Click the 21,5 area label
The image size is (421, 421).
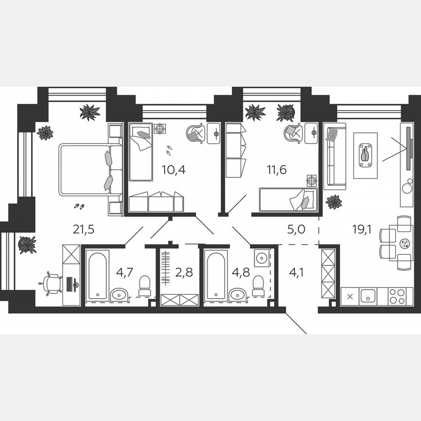83,229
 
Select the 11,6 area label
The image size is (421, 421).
277,170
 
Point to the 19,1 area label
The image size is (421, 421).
362,229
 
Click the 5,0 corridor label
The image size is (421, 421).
296,229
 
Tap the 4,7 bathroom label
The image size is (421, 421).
124,271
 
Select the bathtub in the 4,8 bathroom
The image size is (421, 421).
215,275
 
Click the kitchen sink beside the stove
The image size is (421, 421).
367,296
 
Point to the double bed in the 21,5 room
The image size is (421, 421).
90,170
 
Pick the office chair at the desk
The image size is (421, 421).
52,284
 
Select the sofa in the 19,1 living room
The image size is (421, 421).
335,156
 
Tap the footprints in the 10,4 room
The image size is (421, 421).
169,150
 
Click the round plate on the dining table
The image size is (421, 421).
404,243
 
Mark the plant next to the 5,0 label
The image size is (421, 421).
334,202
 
